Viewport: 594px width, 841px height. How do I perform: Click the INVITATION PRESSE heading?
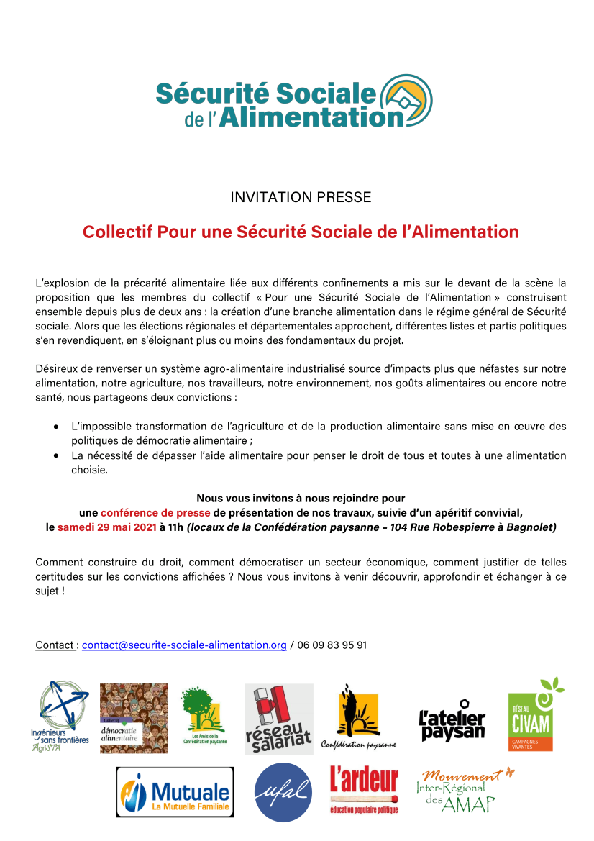click(x=301, y=197)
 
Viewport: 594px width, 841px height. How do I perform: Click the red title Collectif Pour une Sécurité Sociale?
click(x=301, y=232)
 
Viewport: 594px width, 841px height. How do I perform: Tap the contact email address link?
click(x=184, y=645)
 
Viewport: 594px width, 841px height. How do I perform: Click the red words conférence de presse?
click(x=155, y=513)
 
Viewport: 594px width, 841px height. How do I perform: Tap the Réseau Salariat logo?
click(x=278, y=719)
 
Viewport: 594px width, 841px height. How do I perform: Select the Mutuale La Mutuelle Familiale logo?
click(x=175, y=792)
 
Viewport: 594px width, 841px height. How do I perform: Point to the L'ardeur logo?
click(x=364, y=790)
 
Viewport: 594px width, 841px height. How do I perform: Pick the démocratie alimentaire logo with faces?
click(x=134, y=718)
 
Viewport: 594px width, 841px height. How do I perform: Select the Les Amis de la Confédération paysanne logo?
click(x=204, y=716)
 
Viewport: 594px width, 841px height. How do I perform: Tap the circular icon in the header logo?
click(x=406, y=100)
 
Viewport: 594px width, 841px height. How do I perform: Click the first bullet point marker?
click(x=56, y=427)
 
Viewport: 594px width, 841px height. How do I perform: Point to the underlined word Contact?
click(x=55, y=645)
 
